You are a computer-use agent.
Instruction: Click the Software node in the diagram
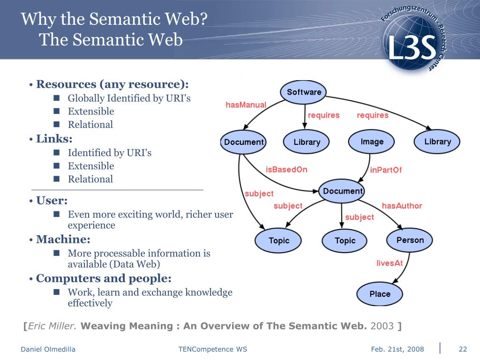[304, 92]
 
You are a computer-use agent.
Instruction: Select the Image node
[372, 142]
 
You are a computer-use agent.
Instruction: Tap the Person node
[410, 240]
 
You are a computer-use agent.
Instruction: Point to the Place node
[380, 294]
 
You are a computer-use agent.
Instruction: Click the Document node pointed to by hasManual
[244, 142]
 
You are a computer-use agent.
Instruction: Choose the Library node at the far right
[437, 142]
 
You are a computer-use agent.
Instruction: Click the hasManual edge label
[246, 105]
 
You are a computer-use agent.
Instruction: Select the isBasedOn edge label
[286, 170]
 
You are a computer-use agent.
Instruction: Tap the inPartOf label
[386, 170]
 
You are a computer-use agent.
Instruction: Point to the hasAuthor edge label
[402, 206]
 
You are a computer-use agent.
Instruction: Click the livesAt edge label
[390, 263]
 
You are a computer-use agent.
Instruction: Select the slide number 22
[463, 349]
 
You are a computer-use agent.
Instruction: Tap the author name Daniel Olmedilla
[48, 349]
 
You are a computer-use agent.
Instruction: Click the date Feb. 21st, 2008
[397, 349]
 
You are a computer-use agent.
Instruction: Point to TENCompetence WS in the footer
[212, 349]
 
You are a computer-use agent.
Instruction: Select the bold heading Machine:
[63, 240]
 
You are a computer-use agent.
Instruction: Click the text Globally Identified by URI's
[129, 98]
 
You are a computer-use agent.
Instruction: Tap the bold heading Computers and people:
[104, 278]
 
